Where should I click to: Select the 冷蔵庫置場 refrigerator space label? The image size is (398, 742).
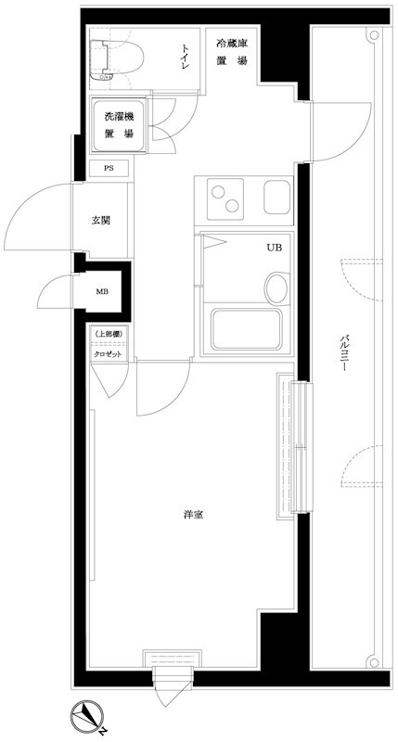click(x=232, y=52)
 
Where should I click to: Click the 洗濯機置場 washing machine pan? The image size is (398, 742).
click(x=118, y=125)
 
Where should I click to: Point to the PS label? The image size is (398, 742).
click(x=109, y=169)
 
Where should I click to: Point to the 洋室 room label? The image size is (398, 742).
click(x=192, y=515)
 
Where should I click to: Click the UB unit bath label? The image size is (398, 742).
click(x=275, y=249)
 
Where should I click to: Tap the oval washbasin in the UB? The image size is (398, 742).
click(x=276, y=288)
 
